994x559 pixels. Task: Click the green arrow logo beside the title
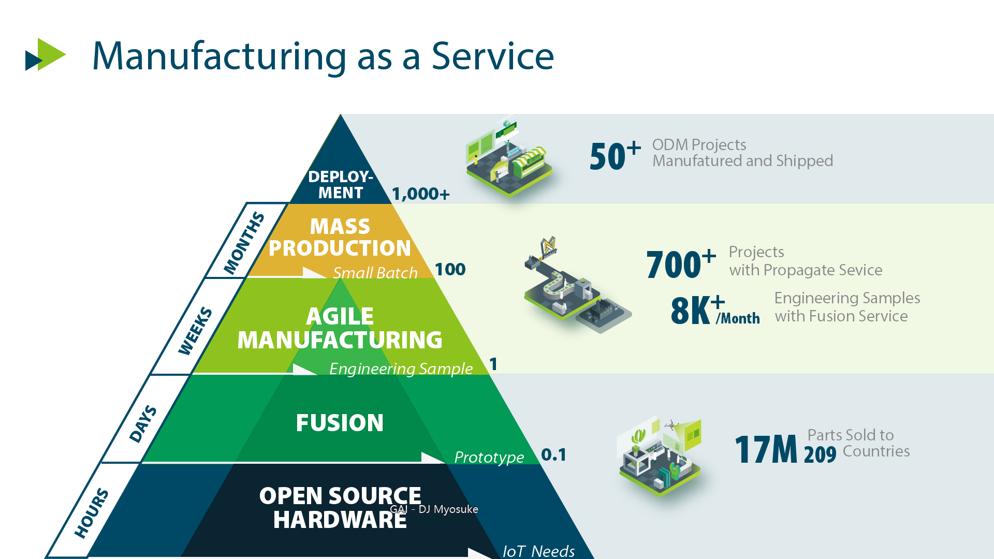click(x=46, y=54)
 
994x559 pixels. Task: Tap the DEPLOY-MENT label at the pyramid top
click(x=340, y=185)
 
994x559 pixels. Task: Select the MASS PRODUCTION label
click(x=340, y=238)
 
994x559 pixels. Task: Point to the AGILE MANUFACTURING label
click(x=340, y=328)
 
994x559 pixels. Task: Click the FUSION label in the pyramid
click(x=340, y=423)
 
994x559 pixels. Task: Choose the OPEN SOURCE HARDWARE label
click(x=340, y=508)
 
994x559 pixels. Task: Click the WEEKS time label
click(x=195, y=331)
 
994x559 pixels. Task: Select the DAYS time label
click(x=143, y=424)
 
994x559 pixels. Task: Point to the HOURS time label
click(x=92, y=512)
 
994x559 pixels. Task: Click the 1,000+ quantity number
click(x=420, y=194)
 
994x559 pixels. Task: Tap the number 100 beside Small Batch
click(x=450, y=269)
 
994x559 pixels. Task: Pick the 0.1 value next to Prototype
click(x=553, y=455)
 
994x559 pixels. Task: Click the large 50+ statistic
click(x=615, y=156)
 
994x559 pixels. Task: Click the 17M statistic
click(x=766, y=449)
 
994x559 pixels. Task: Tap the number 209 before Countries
click(x=820, y=454)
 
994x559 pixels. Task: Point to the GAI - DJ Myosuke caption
click(x=434, y=509)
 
